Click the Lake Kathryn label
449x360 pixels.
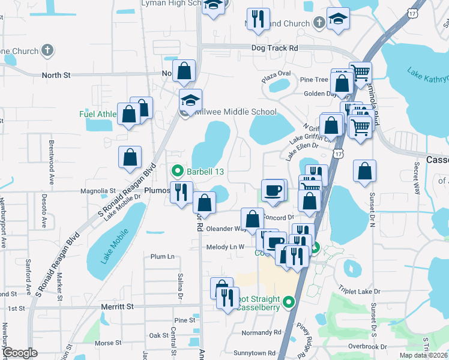(x=428, y=77)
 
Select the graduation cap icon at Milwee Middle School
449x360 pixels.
(x=191, y=100)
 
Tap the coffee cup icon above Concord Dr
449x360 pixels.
(x=274, y=190)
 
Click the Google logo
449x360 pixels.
(x=20, y=353)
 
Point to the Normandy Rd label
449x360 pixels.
(x=261, y=332)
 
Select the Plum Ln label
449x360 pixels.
(x=163, y=256)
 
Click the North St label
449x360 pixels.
(x=56, y=75)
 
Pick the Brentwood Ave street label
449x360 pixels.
(x=52, y=155)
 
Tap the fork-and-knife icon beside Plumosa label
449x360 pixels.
(x=181, y=192)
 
